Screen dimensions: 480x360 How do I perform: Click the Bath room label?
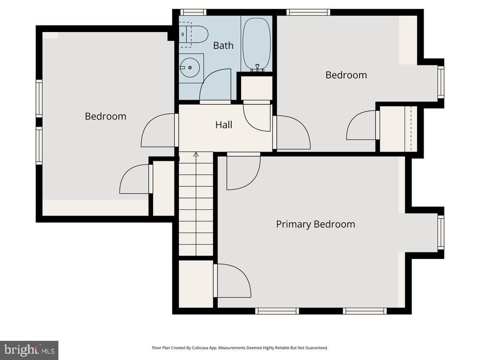(x=223, y=46)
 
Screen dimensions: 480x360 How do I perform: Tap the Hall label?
(x=224, y=125)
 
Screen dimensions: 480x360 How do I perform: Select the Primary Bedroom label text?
(x=315, y=224)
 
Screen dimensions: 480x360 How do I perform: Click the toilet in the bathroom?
(x=193, y=34)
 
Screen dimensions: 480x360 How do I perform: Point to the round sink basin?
(x=190, y=68)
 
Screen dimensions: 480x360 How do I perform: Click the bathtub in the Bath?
(x=257, y=44)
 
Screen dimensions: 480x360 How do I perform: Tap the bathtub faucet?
(x=257, y=68)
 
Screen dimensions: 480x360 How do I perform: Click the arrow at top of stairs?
(x=196, y=154)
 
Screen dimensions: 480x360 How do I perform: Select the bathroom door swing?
(x=215, y=85)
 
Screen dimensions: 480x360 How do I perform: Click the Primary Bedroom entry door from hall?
(x=243, y=171)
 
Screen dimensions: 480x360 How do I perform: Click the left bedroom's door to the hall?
(x=160, y=130)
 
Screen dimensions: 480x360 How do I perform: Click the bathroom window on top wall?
(x=193, y=12)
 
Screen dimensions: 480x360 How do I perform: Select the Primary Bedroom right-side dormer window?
(x=441, y=232)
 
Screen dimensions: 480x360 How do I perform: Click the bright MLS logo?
(x=29, y=350)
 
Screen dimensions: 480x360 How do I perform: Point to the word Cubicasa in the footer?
(x=200, y=348)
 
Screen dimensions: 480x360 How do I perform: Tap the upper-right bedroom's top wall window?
(x=308, y=12)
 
